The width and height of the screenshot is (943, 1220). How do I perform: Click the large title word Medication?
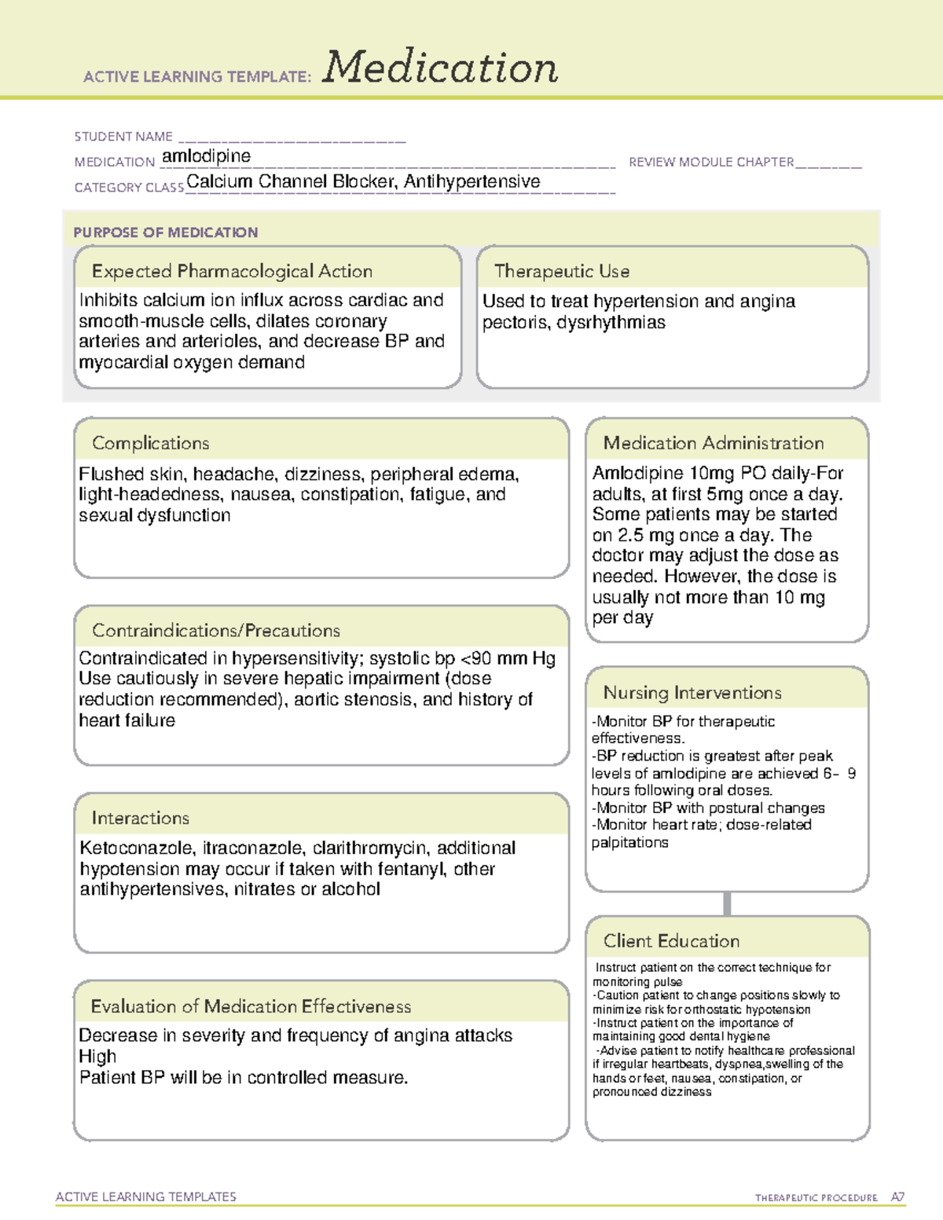[439, 68]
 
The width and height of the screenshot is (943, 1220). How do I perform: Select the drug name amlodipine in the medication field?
[206, 156]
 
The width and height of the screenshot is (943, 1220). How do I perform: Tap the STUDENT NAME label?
[123, 137]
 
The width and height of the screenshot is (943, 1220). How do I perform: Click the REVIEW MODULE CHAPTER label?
[711, 162]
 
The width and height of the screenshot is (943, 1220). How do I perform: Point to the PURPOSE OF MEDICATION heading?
[165, 233]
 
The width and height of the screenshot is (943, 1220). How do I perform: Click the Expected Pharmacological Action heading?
[232, 271]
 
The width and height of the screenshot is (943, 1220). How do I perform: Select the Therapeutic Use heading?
[561, 271]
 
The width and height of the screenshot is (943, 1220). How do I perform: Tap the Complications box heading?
[150, 443]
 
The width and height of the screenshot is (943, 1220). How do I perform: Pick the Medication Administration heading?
[713, 443]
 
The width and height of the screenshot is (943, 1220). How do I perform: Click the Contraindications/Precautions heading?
[215, 630]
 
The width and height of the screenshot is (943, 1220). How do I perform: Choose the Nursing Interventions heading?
[692, 692]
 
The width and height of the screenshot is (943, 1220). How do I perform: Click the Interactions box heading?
[140, 818]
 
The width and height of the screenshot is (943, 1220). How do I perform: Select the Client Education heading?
[671, 940]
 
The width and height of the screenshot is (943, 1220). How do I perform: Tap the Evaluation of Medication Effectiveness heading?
[251, 1006]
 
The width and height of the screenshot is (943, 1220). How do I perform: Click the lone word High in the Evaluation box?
[97, 1057]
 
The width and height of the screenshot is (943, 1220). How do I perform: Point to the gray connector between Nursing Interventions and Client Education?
[727, 903]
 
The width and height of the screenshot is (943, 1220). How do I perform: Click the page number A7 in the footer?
[897, 1197]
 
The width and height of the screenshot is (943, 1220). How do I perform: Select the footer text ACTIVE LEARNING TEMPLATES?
[145, 1196]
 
